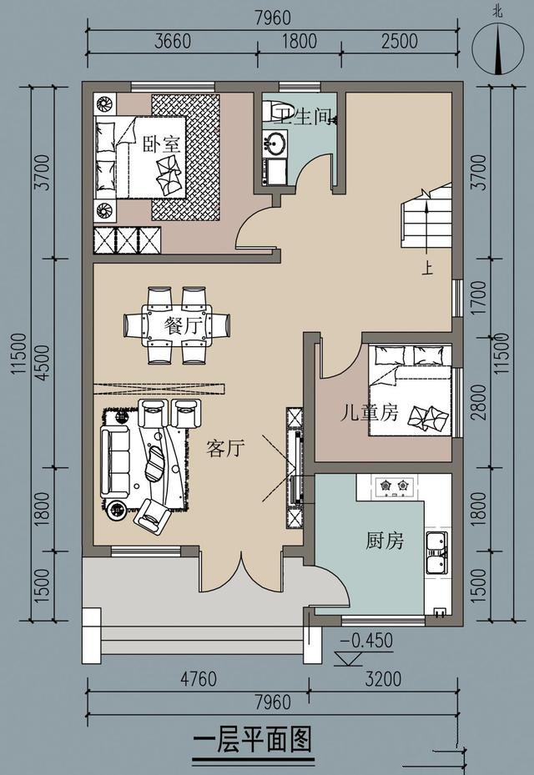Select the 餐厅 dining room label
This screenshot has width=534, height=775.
(x=184, y=325)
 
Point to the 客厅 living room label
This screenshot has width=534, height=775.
(x=225, y=448)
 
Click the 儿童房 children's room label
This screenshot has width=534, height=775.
(x=370, y=412)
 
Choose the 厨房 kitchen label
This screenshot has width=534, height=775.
(x=385, y=541)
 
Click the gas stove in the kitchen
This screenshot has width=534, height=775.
(x=394, y=487)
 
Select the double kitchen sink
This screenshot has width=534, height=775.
(x=436, y=553)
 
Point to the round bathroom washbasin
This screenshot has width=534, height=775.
(x=275, y=143)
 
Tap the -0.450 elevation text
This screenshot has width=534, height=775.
(x=367, y=641)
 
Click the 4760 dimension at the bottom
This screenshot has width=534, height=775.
(x=199, y=678)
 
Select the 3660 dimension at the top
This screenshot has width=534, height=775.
(x=173, y=41)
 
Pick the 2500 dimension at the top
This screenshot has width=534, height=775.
(x=400, y=41)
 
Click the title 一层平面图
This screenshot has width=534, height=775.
(x=253, y=741)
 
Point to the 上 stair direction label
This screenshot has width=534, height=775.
(x=427, y=269)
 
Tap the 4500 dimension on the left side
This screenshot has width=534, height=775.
(x=43, y=362)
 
